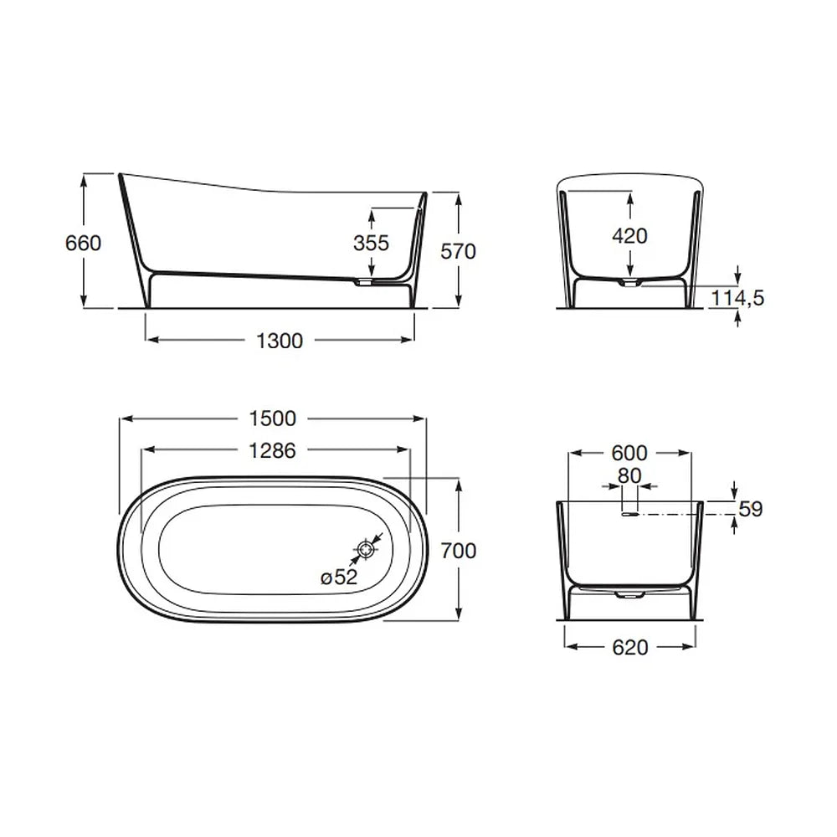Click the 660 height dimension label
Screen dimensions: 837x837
(x=83, y=244)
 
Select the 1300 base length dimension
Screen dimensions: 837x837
(x=280, y=341)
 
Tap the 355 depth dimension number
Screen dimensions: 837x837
(x=371, y=244)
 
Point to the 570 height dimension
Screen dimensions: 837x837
(x=458, y=251)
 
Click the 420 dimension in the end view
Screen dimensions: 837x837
(x=630, y=236)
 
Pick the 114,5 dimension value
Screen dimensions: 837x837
(x=737, y=298)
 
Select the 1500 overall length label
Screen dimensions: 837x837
(x=273, y=418)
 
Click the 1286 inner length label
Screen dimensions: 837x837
(x=273, y=451)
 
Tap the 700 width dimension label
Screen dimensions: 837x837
(x=459, y=551)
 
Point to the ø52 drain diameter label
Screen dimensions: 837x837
(x=339, y=577)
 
